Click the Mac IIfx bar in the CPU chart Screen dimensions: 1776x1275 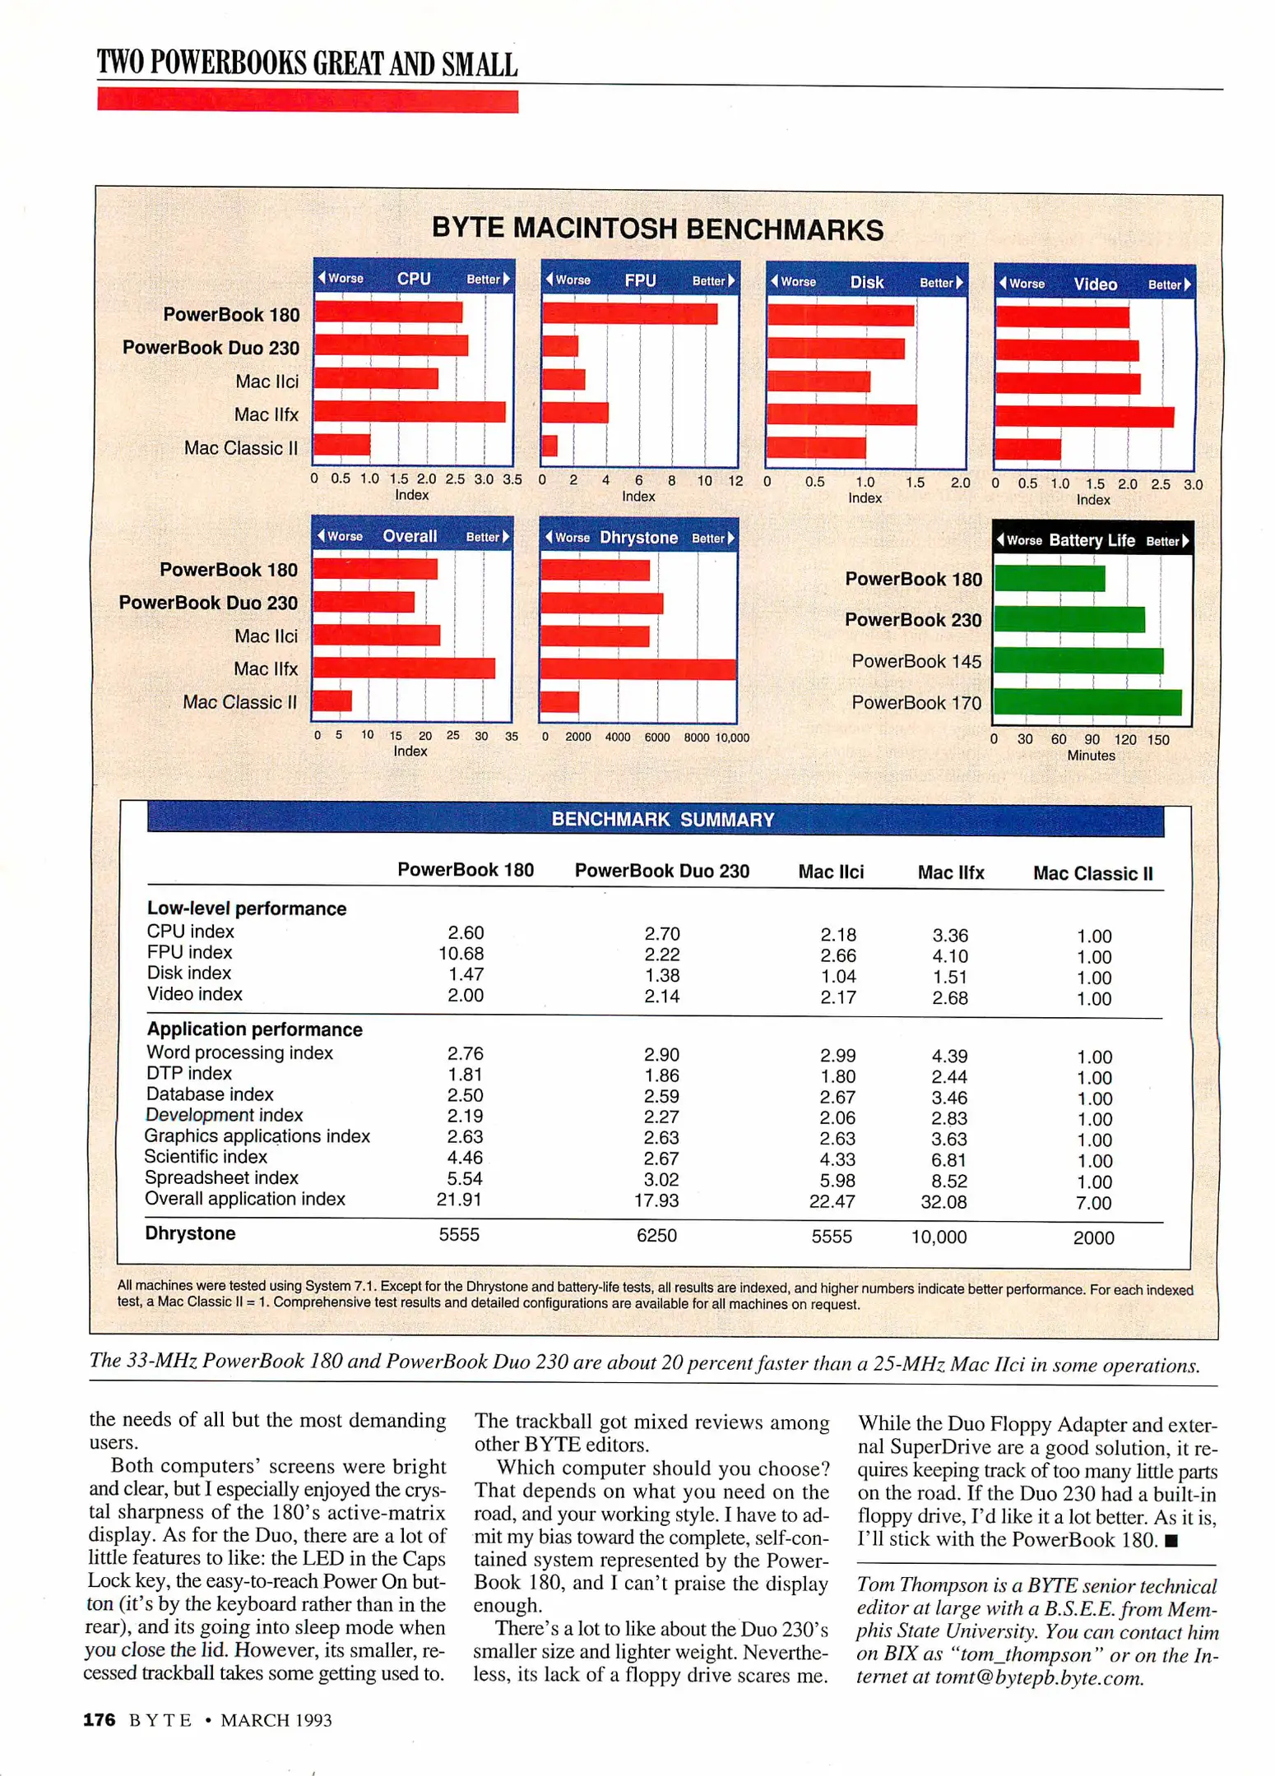409,412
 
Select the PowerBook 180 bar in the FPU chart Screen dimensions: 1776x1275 629,313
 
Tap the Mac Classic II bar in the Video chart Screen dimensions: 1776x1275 1027,450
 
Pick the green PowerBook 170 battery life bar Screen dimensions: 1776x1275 1087,702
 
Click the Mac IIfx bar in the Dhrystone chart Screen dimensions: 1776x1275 637,668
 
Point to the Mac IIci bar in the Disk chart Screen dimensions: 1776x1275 818,382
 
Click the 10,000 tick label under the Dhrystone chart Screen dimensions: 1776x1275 732,738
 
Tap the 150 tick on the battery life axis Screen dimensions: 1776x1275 1157,740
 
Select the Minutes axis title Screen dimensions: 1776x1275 1091,756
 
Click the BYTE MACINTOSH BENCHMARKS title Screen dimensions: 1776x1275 657,229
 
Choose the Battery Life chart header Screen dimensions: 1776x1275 1092,540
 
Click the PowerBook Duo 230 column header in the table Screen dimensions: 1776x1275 661,872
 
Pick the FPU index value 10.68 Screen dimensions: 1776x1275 461,954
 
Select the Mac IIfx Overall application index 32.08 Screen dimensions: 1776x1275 943,1202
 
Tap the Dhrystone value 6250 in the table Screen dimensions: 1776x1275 656,1235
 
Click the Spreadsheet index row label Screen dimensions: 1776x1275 221,1178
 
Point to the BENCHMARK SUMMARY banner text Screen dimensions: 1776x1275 662,820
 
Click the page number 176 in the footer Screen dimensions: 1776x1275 99,1720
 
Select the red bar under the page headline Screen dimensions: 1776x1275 307,101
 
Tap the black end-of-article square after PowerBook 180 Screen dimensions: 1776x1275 1172,1541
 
